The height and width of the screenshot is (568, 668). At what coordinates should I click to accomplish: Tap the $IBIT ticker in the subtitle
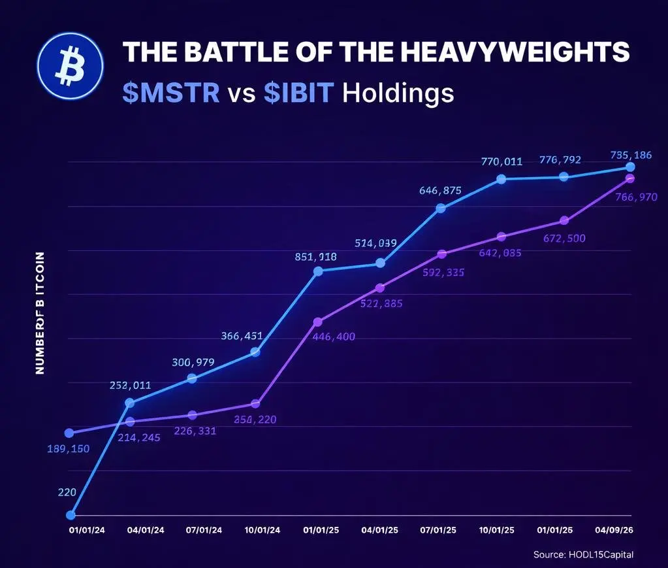300,93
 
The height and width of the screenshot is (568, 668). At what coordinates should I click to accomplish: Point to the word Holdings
398,93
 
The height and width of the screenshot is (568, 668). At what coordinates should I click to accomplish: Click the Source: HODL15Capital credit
583,554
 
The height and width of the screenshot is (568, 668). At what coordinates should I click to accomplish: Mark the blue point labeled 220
70,515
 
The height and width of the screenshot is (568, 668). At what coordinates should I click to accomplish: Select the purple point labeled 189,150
69,433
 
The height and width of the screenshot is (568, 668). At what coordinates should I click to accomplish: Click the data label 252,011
130,386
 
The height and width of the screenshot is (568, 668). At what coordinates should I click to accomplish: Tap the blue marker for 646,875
441,208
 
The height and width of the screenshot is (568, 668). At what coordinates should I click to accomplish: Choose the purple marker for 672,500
564,221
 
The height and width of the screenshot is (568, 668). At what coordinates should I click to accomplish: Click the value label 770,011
501,161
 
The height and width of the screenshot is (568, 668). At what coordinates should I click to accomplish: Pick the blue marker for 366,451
255,352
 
